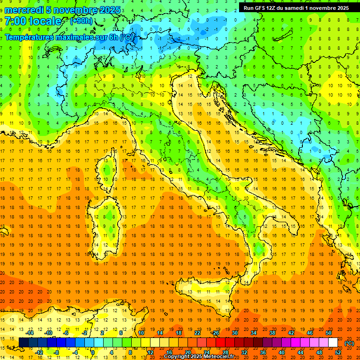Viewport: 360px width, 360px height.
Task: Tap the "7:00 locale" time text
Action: pyautogui.click(x=33, y=22)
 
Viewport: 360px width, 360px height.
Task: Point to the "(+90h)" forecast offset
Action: pyautogui.click(x=81, y=22)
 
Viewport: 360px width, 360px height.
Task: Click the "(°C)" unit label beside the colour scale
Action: pyautogui.click(x=349, y=343)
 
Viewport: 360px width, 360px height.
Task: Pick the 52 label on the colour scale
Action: pyautogui.click(x=338, y=352)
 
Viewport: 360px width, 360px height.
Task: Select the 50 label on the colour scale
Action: pyautogui.click(x=329, y=333)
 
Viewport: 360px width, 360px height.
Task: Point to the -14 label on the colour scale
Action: pyautogui.click(x=30, y=333)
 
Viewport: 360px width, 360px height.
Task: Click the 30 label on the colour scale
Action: pyautogui.click(x=234, y=333)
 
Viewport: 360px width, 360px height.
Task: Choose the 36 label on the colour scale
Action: pyautogui.click(x=262, y=352)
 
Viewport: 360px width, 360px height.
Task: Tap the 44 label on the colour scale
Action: pyautogui.click(x=300, y=352)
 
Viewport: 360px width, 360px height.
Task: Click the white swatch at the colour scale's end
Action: pyautogui.click(x=333, y=342)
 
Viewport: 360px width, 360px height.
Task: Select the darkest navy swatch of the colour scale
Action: pyautogui.click(x=24, y=342)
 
